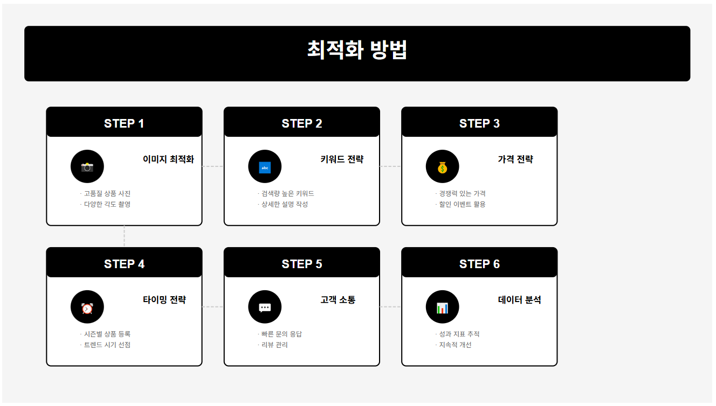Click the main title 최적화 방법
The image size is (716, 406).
coord(357,50)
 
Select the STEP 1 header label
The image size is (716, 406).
coord(124,123)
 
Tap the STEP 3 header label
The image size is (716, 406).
coord(479,123)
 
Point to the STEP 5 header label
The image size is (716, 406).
coord(302,264)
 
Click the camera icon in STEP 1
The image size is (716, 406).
coord(87,167)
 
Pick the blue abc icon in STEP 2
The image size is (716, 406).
coord(265,167)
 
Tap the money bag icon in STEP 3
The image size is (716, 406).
coord(442,167)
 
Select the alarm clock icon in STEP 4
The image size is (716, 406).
coord(87,307)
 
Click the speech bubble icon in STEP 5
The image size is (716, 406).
coord(265,307)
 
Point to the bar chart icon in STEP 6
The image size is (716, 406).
coord(442,307)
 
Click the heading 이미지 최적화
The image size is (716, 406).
coord(168,159)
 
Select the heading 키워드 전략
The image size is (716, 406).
coord(342,159)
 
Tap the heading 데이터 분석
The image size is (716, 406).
coord(519,300)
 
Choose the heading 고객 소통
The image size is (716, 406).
coord(338,300)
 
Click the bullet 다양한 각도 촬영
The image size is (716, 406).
coord(107,205)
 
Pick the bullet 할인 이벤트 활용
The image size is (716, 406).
coord(462,205)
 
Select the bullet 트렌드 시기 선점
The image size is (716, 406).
coord(107,345)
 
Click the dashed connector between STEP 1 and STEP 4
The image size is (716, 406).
coord(124,236)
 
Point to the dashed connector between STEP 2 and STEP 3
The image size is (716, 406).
coord(390,166)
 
